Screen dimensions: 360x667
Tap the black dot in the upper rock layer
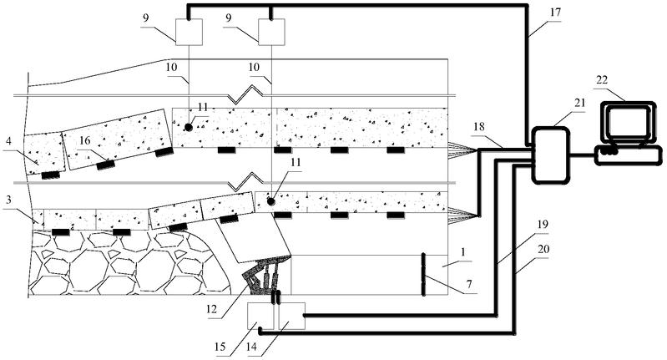190,128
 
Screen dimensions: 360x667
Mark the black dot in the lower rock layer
270,201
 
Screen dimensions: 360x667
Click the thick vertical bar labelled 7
423,273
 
